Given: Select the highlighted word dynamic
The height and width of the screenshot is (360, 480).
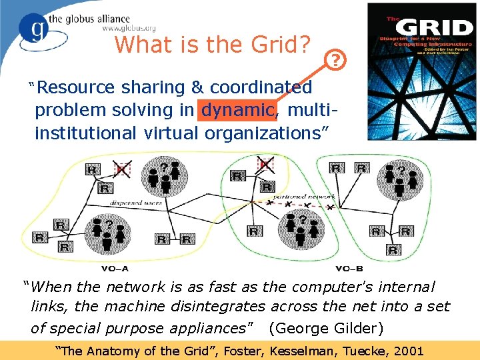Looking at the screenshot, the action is (x=237, y=109).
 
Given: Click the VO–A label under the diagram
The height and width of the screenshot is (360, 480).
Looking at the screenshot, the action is (x=115, y=269).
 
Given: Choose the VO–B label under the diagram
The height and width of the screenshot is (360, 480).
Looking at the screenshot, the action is (x=349, y=269).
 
